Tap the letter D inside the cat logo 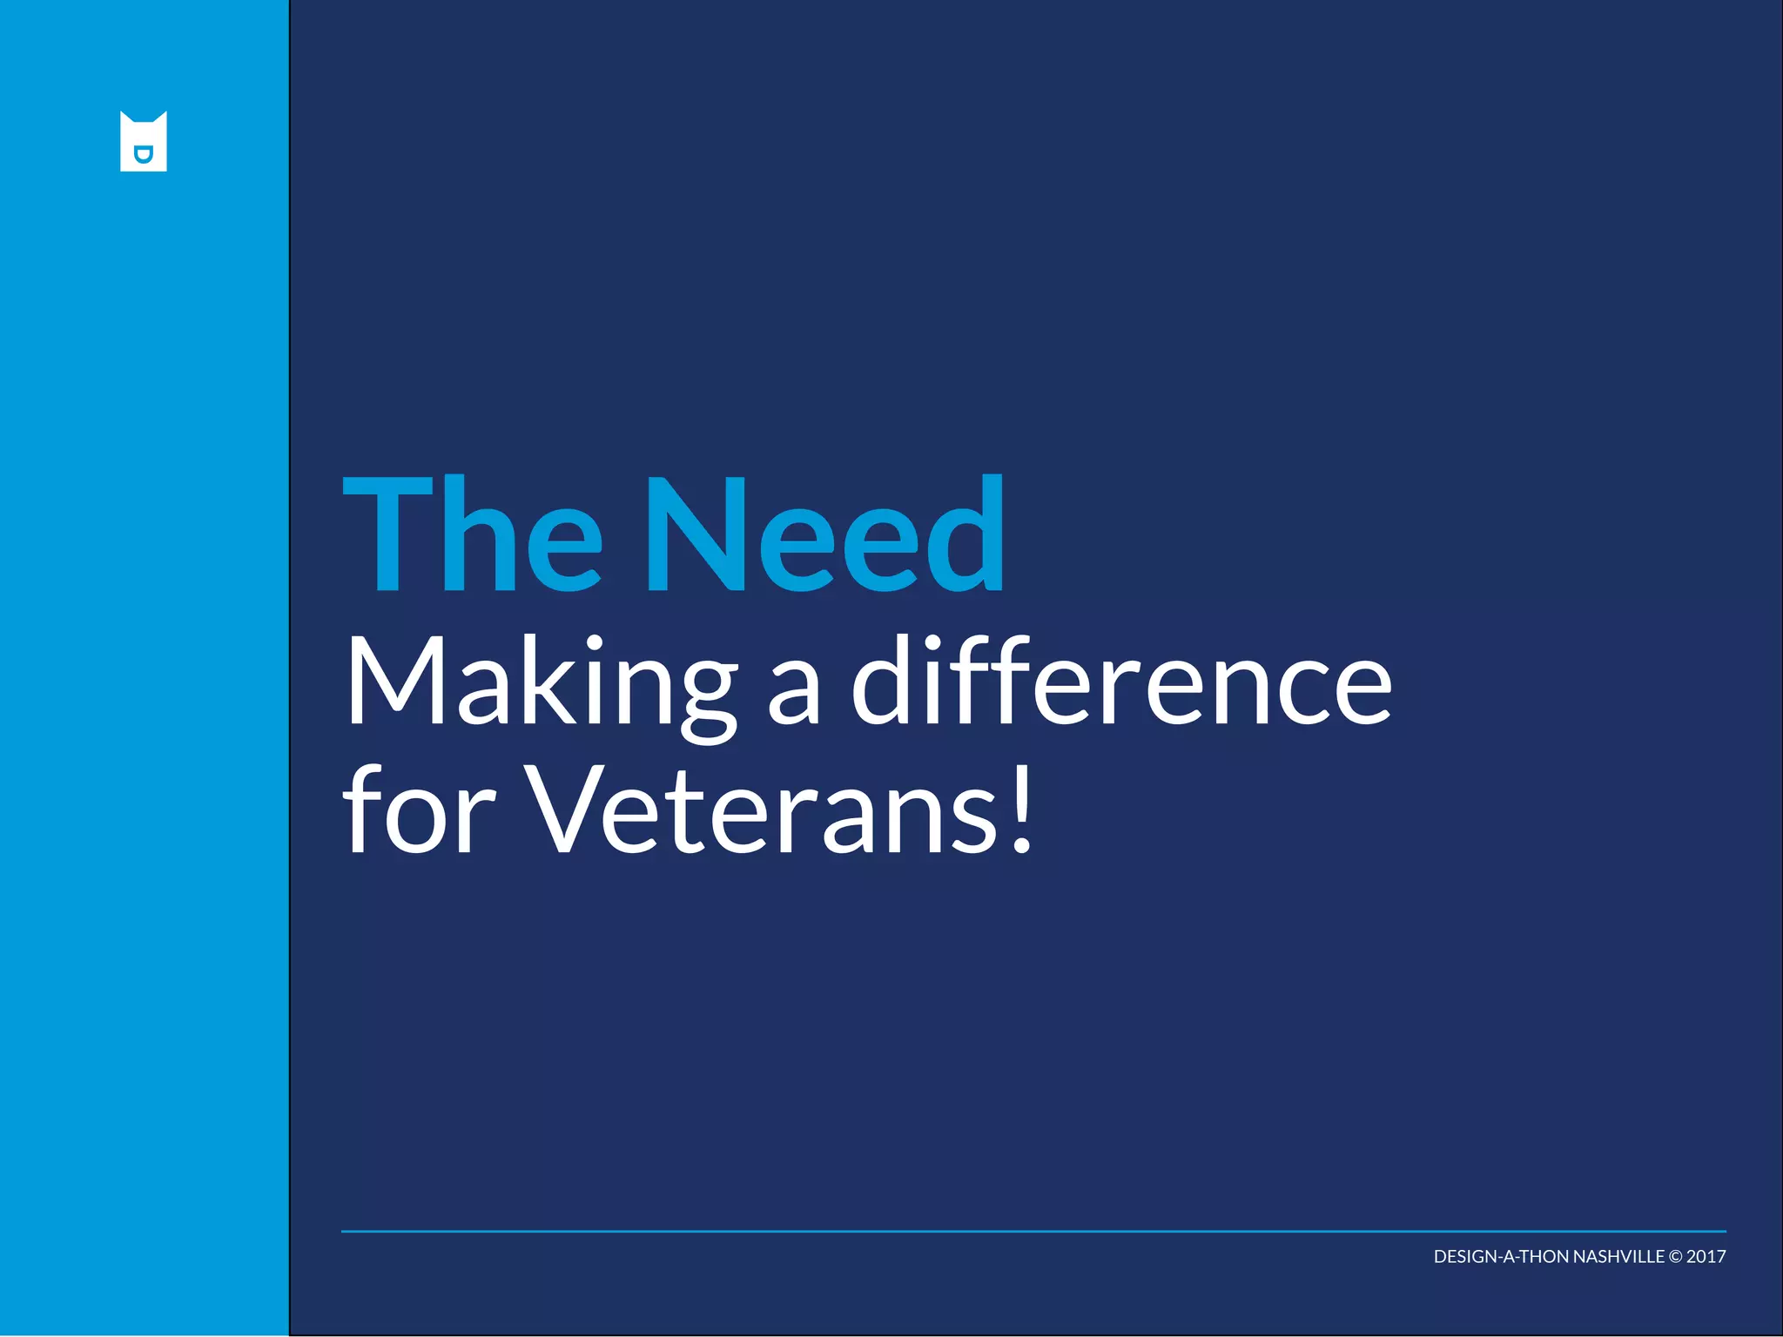pos(144,155)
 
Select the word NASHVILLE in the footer pos(1618,1257)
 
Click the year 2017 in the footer pos(1706,1257)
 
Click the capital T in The pos(383,534)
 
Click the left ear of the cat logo pos(125,118)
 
